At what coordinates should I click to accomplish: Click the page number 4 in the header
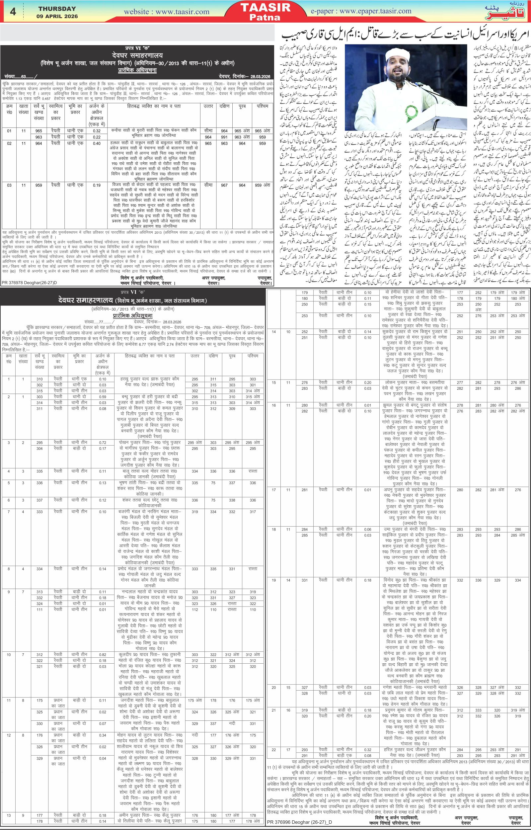(13, 12)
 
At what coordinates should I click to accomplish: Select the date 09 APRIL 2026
(57, 16)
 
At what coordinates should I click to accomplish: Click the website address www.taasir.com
(167, 12)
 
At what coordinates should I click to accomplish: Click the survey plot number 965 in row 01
(38, 131)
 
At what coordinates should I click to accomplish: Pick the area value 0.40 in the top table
(97, 143)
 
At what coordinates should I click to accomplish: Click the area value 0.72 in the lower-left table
(103, 443)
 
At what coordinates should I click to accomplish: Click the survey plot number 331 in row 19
(304, 580)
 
